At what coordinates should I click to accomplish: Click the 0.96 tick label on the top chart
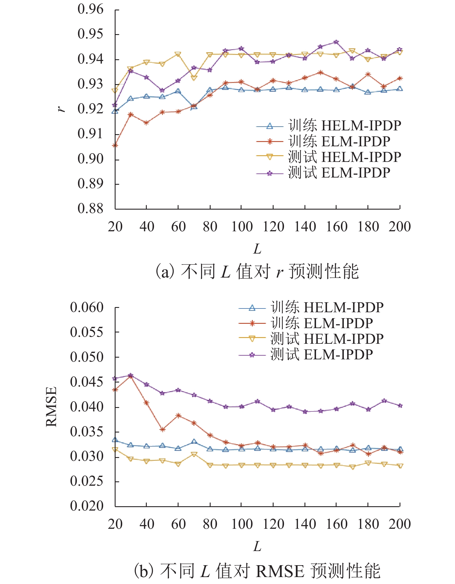[90, 9]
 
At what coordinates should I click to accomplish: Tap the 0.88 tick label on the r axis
[90, 208]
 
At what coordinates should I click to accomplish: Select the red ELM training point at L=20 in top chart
[115, 145]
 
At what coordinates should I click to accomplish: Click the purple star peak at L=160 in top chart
[336, 42]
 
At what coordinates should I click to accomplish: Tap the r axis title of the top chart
[61, 109]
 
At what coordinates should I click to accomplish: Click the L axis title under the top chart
[257, 249]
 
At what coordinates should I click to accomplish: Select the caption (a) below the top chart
[257, 271]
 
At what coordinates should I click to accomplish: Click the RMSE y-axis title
[51, 406]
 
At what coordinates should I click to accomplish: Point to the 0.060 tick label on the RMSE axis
[86, 307]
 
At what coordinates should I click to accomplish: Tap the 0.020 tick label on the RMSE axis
[86, 506]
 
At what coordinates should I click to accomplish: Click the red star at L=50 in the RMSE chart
[162, 430]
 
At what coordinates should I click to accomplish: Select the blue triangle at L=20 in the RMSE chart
[115, 440]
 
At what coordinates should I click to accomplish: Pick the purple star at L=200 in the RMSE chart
[400, 406]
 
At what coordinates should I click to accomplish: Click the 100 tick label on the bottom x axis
[242, 524]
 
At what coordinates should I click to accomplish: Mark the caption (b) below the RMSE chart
[257, 571]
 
